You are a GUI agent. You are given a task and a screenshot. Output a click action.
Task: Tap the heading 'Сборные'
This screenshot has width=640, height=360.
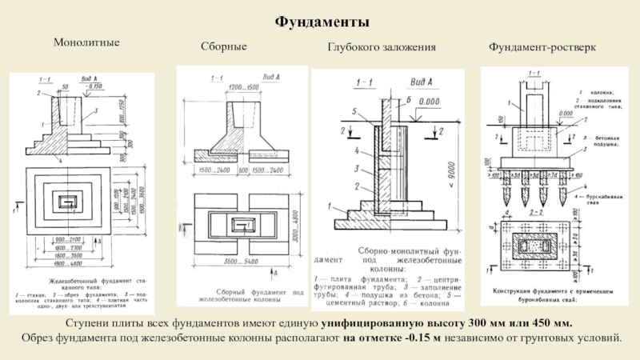(x=223, y=48)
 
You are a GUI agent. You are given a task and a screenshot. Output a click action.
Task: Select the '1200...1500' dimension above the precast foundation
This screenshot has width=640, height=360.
(x=240, y=86)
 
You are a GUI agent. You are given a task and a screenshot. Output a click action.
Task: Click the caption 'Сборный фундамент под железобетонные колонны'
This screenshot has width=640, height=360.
(x=240, y=298)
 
